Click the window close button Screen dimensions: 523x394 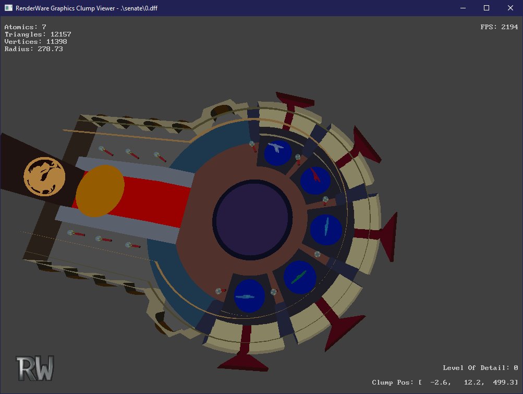click(510, 8)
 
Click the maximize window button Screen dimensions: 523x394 click(486, 8)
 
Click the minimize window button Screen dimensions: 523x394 click(463, 8)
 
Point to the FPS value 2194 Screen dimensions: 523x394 click(509, 27)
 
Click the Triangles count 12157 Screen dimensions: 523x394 click(60, 34)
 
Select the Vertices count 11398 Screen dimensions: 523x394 click(56, 42)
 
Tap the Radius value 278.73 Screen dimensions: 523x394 click(50, 49)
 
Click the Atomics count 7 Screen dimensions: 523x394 click(44, 27)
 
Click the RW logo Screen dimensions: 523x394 click(35, 368)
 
